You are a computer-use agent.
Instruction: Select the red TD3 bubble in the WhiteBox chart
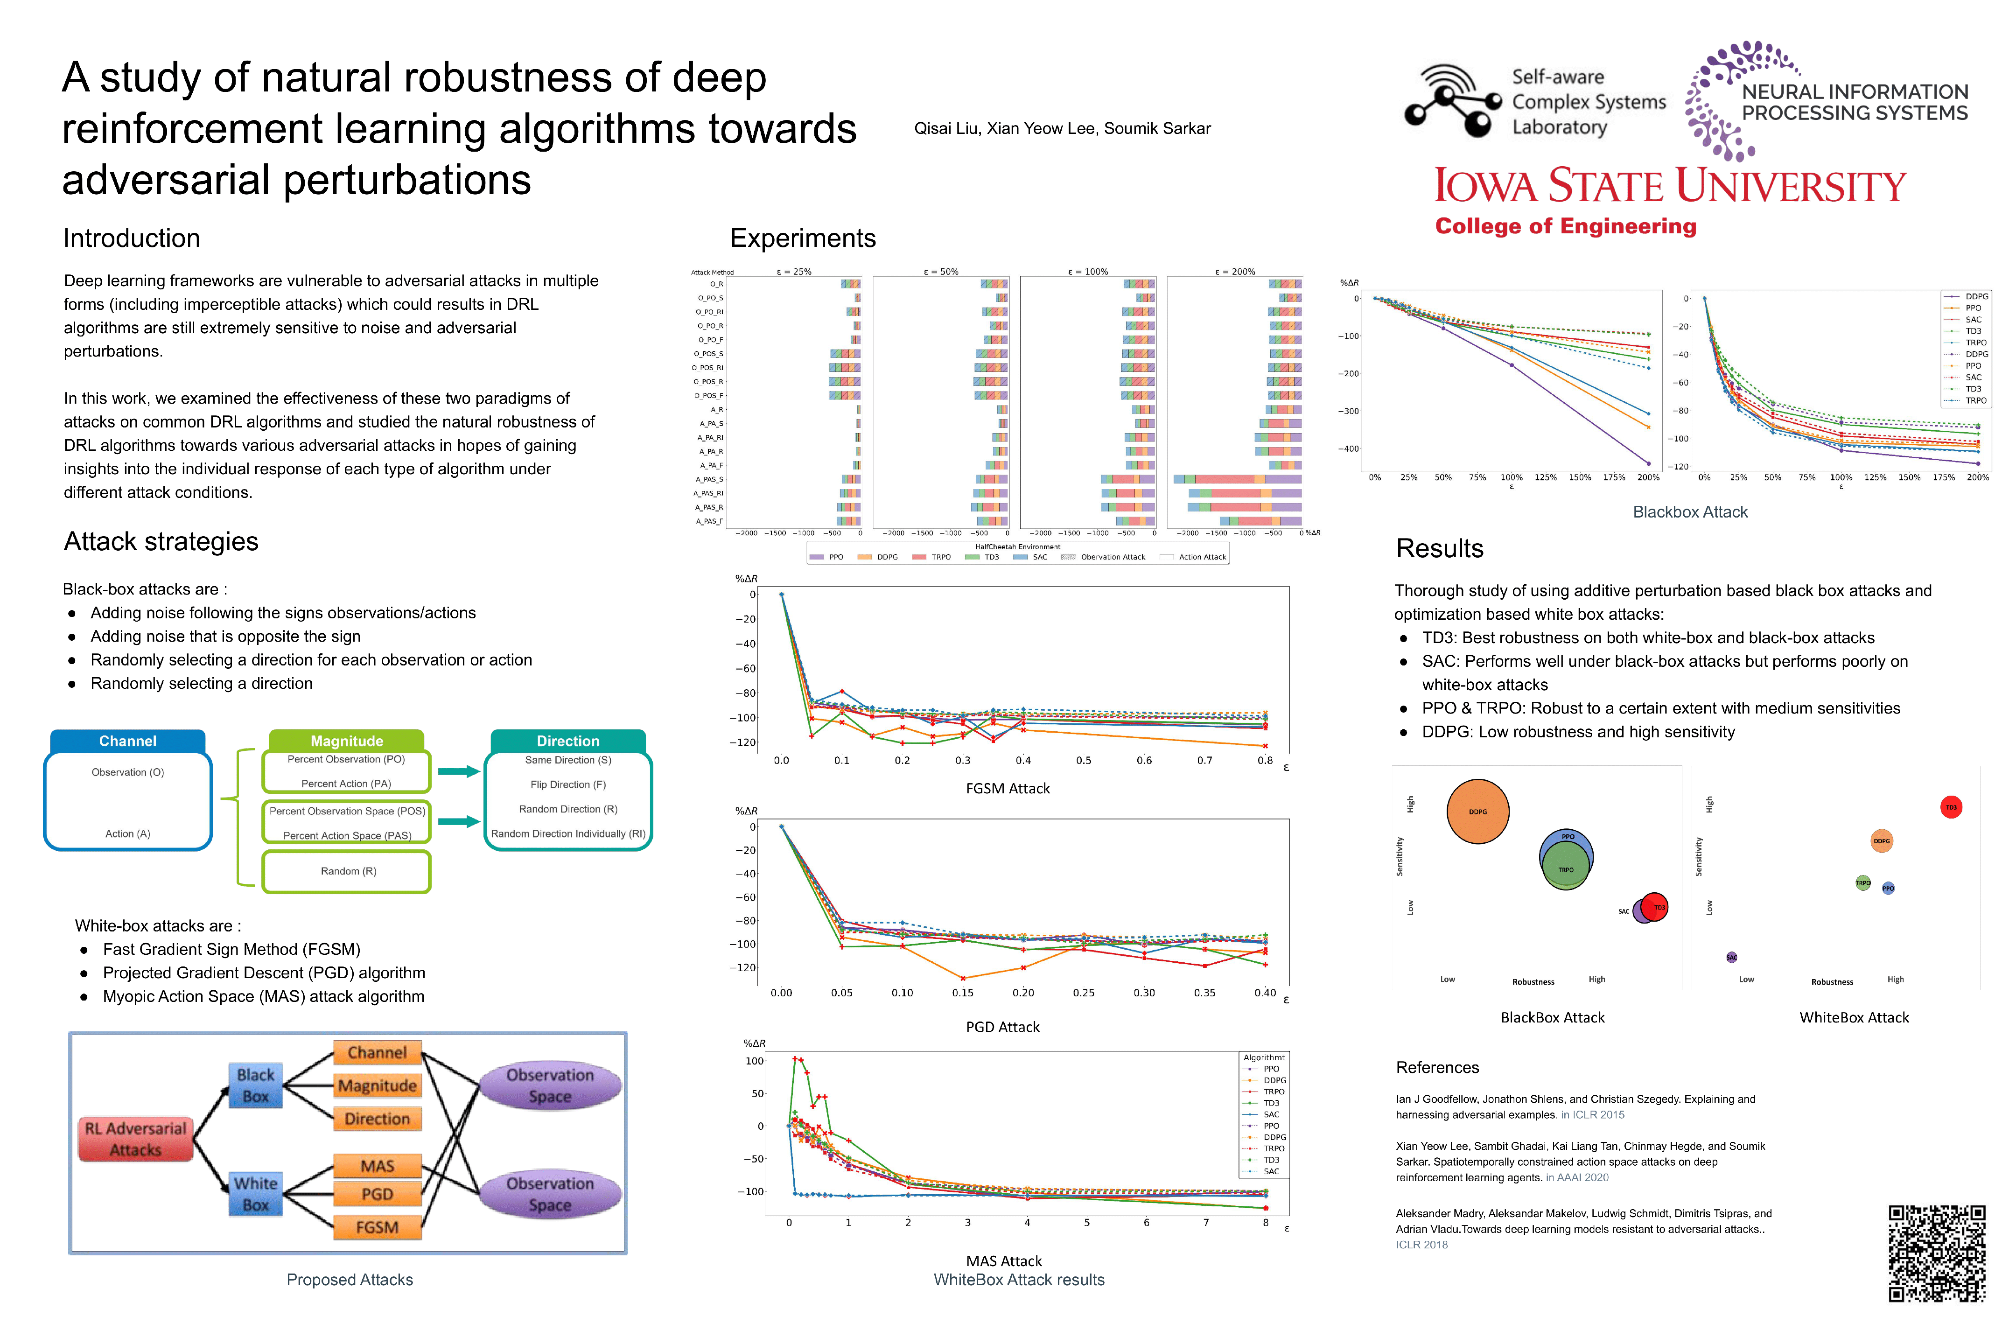point(1951,806)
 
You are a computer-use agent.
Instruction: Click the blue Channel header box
point(128,741)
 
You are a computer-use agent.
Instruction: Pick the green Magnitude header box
point(346,741)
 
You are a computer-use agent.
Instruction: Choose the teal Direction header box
point(567,741)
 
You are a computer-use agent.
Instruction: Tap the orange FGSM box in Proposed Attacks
point(377,1226)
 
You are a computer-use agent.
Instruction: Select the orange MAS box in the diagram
point(377,1166)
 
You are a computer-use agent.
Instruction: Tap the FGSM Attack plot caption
point(1007,788)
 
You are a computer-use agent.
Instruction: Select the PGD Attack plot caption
point(1002,1026)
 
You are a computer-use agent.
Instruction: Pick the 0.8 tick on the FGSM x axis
point(1264,760)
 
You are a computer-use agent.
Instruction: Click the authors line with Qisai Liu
point(1062,129)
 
